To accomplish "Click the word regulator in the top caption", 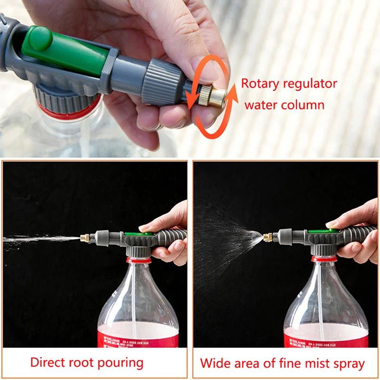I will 310,84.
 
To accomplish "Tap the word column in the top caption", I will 304,104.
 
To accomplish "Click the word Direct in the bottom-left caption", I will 49,363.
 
